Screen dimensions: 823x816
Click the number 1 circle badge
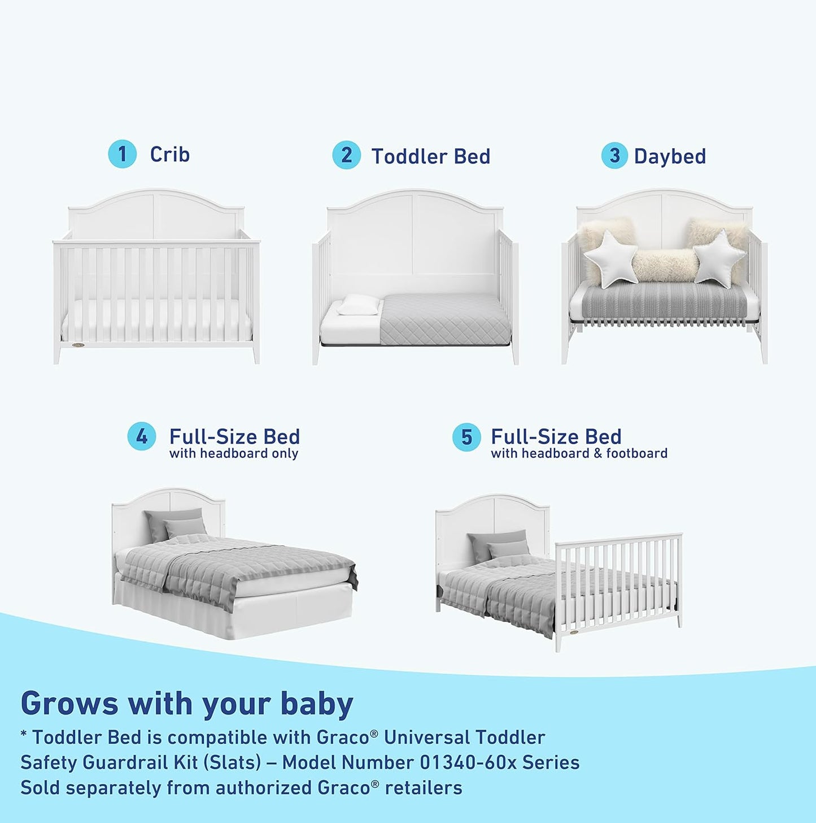pos(122,154)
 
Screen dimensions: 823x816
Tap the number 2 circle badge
pos(346,155)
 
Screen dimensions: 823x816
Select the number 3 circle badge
pos(614,155)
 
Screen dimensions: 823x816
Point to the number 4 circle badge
pos(141,437)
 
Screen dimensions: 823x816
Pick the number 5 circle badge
pos(466,438)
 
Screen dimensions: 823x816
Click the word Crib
pos(169,154)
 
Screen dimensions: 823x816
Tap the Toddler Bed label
pos(430,157)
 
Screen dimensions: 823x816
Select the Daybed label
pos(670,157)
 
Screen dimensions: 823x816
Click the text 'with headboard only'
pos(233,454)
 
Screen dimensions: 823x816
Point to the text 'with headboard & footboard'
pos(579,454)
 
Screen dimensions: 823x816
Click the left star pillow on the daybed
pos(610,259)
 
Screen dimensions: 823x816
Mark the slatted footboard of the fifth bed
pos(618,582)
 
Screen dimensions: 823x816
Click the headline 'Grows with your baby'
pos(187,704)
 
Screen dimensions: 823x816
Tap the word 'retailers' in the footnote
pos(423,788)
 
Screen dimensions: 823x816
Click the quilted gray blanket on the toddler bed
pos(443,319)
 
